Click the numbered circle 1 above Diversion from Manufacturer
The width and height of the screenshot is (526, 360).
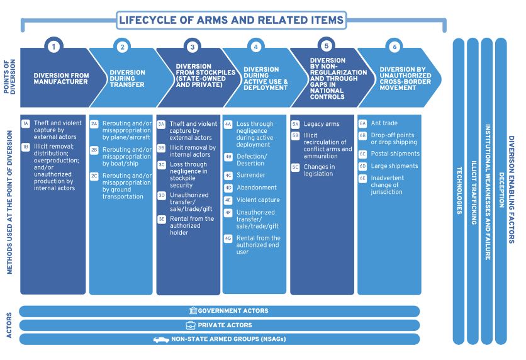pos(55,46)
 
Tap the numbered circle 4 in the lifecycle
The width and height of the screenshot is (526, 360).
pos(255,47)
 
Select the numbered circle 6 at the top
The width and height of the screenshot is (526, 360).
pos(394,47)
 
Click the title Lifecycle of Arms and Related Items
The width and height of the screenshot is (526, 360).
pos(232,20)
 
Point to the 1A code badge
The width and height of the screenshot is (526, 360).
pos(26,123)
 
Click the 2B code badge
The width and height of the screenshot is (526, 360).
pos(94,150)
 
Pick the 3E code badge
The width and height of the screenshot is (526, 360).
pos(162,219)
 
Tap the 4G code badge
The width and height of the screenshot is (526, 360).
pos(228,239)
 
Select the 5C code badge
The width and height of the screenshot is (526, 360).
pos(295,167)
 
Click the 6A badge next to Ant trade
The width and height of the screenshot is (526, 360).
pos(362,123)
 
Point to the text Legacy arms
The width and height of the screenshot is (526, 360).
pos(322,124)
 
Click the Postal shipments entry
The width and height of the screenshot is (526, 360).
pos(395,154)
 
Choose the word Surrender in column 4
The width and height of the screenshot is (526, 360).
pos(251,175)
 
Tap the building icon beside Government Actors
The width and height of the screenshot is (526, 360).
pos(193,311)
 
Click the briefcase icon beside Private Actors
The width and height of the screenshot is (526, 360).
pos(191,325)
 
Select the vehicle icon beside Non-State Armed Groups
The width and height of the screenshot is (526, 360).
pos(162,340)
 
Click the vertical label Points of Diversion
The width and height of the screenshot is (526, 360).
pos(8,77)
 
